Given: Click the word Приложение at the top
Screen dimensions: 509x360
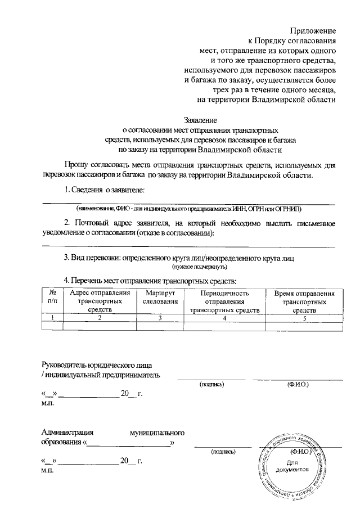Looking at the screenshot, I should click(313, 30).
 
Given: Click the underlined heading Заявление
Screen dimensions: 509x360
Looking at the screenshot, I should click(201, 120).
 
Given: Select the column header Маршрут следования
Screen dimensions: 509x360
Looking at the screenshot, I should click(160, 298).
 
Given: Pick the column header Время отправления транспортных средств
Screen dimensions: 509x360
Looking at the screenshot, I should click(304, 301).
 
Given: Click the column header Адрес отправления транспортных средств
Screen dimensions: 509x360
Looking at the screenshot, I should click(99, 301).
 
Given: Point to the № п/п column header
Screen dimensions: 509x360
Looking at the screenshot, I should click(52, 298).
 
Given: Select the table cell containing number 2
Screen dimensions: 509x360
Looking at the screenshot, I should click(99, 318).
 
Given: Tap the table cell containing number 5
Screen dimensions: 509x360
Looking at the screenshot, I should click(304, 318).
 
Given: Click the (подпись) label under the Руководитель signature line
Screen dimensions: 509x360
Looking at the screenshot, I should click(211, 385).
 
